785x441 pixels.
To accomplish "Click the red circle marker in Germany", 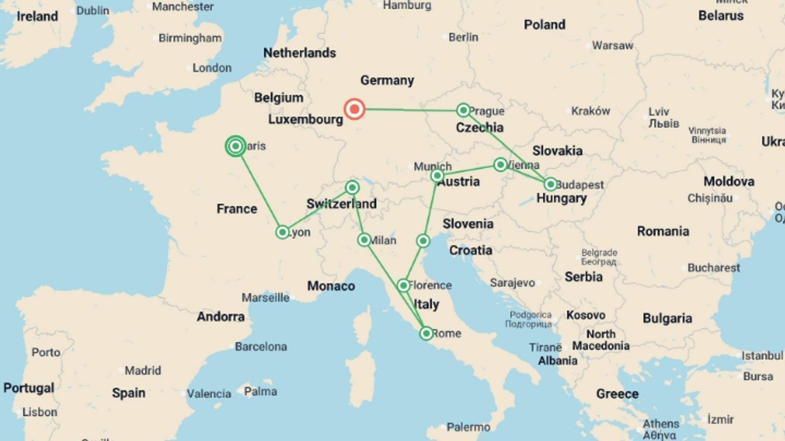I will [x=354, y=109].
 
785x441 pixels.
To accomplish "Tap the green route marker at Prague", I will [x=463, y=110].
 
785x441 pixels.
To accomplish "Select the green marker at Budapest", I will [x=551, y=184].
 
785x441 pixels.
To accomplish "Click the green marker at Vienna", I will [x=500, y=165].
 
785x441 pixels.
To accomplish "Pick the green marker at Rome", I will [x=426, y=334].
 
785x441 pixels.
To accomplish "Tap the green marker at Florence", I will [x=404, y=285].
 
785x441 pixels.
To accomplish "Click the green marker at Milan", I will [x=364, y=240].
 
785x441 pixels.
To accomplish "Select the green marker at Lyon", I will [x=282, y=232].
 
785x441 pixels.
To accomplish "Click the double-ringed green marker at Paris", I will [x=235, y=146].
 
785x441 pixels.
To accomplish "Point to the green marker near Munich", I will [x=437, y=176].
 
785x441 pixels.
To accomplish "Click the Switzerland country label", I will [x=341, y=204].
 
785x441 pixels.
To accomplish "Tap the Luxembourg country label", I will [x=305, y=120].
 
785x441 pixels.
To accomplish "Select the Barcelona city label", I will [x=261, y=347].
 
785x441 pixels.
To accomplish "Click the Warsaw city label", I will [x=612, y=45].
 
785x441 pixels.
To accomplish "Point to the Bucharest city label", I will [x=713, y=268].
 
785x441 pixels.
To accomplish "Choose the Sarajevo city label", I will [x=512, y=283].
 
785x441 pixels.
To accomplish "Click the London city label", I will [x=212, y=68].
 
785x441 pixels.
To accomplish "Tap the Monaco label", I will [x=331, y=286].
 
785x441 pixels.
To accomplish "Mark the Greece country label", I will [x=617, y=394].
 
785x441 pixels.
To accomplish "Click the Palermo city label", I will [x=468, y=427].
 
